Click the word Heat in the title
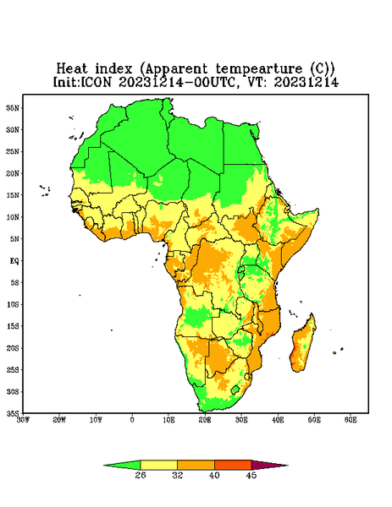point(72,69)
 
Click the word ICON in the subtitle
point(96,82)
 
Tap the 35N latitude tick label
point(13,107)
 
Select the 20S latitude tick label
point(13,348)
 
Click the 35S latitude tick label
point(13,413)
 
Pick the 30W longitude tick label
point(23,420)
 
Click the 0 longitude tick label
point(132,420)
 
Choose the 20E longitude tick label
point(205,420)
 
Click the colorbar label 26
point(141,475)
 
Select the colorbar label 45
point(251,475)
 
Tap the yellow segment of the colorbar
point(158,465)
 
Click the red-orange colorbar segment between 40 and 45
point(233,465)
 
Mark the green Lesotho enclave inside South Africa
point(235,390)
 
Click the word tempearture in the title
point(259,69)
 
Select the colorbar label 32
point(178,475)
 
